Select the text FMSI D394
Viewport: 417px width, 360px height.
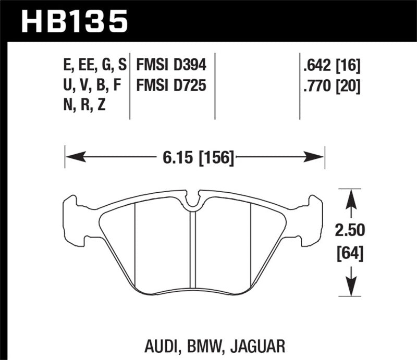pyautogui.click(x=171, y=65)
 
